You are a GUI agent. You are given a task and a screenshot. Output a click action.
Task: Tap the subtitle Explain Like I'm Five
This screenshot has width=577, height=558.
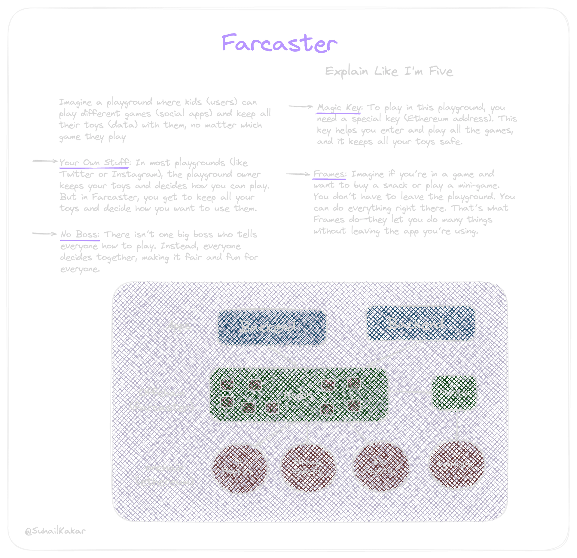click(389, 72)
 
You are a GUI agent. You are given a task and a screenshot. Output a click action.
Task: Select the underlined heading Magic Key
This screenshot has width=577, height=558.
click(339, 108)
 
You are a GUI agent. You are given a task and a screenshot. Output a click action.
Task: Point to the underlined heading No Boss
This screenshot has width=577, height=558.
click(80, 234)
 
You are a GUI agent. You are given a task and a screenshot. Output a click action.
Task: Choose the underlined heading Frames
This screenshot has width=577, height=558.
click(329, 174)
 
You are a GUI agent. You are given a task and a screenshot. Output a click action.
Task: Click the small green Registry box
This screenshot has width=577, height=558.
click(454, 392)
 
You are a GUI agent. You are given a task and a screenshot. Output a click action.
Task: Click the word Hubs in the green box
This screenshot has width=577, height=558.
click(299, 395)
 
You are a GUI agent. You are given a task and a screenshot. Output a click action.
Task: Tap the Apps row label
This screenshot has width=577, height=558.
click(179, 326)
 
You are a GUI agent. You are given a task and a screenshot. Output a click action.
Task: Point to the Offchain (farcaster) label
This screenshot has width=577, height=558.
click(162, 400)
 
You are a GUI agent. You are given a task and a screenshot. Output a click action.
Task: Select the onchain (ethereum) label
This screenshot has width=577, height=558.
click(164, 474)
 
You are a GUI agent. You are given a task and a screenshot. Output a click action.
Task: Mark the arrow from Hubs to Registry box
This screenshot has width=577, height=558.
click(410, 392)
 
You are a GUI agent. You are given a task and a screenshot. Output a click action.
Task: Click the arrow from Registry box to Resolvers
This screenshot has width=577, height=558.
click(457, 425)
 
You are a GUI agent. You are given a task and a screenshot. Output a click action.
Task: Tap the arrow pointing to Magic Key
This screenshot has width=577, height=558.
click(301, 106)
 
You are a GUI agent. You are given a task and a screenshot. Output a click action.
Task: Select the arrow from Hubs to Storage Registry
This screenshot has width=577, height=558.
click(307, 433)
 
